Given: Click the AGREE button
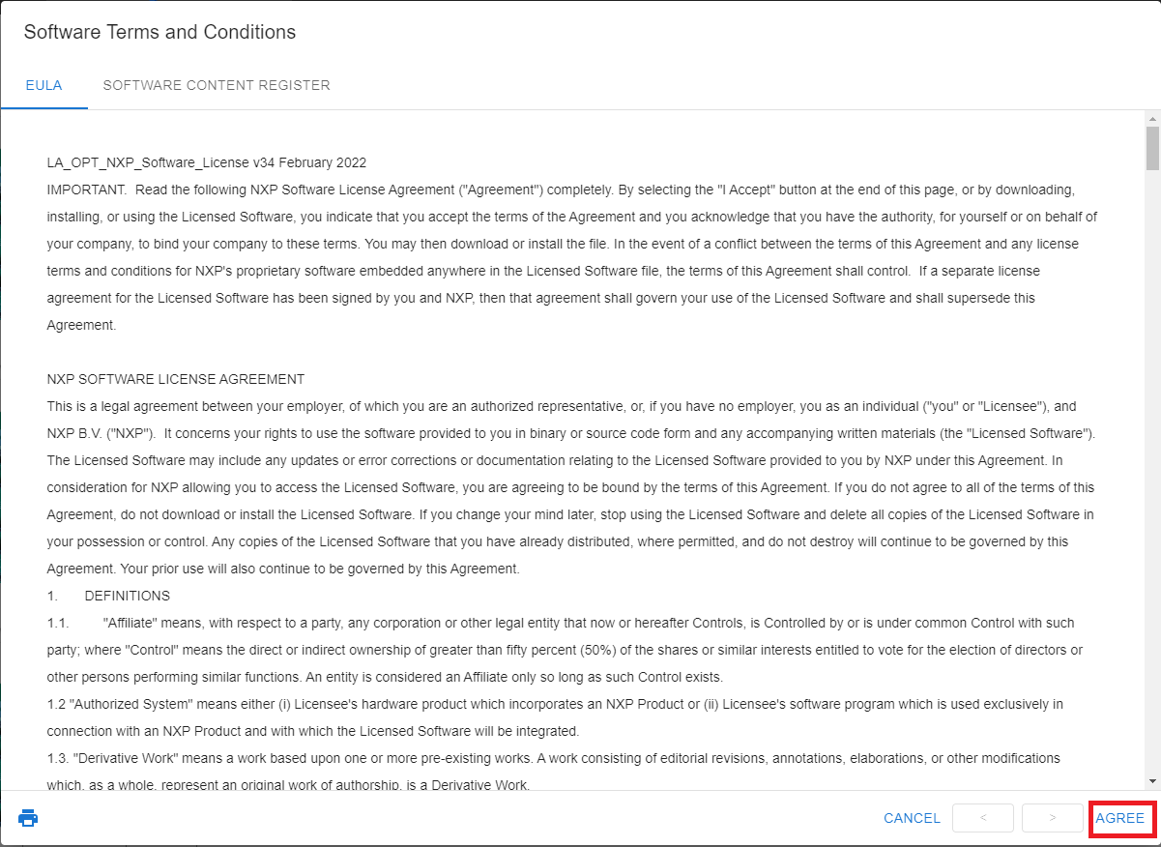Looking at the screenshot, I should (1119, 818).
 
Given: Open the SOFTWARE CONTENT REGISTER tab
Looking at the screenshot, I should (217, 85).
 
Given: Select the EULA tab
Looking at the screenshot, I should (44, 85).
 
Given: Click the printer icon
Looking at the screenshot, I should (28, 818).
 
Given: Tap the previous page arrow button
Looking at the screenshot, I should (982, 818).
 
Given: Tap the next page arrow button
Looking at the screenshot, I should (1052, 818).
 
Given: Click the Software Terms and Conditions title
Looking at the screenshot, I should (160, 32).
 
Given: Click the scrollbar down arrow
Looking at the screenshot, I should (1152, 780).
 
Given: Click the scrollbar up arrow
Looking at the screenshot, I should (1152, 119).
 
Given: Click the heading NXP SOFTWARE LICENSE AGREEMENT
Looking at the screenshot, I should (176, 379).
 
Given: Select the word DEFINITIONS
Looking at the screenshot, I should (127, 596).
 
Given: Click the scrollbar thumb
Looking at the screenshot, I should (1152, 148).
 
